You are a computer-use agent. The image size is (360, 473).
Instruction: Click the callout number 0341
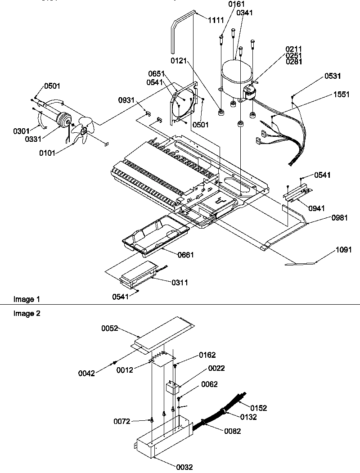[x=244, y=13]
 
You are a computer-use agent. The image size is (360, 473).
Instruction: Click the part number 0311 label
[x=180, y=283]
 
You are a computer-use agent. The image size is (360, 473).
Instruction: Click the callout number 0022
[x=216, y=368]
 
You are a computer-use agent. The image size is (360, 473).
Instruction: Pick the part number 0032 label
[x=184, y=467]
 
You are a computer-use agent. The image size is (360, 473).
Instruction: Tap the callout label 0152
[x=259, y=408]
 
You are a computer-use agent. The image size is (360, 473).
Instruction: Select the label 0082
[x=232, y=431]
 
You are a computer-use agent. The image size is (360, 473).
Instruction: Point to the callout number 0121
[x=179, y=60]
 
